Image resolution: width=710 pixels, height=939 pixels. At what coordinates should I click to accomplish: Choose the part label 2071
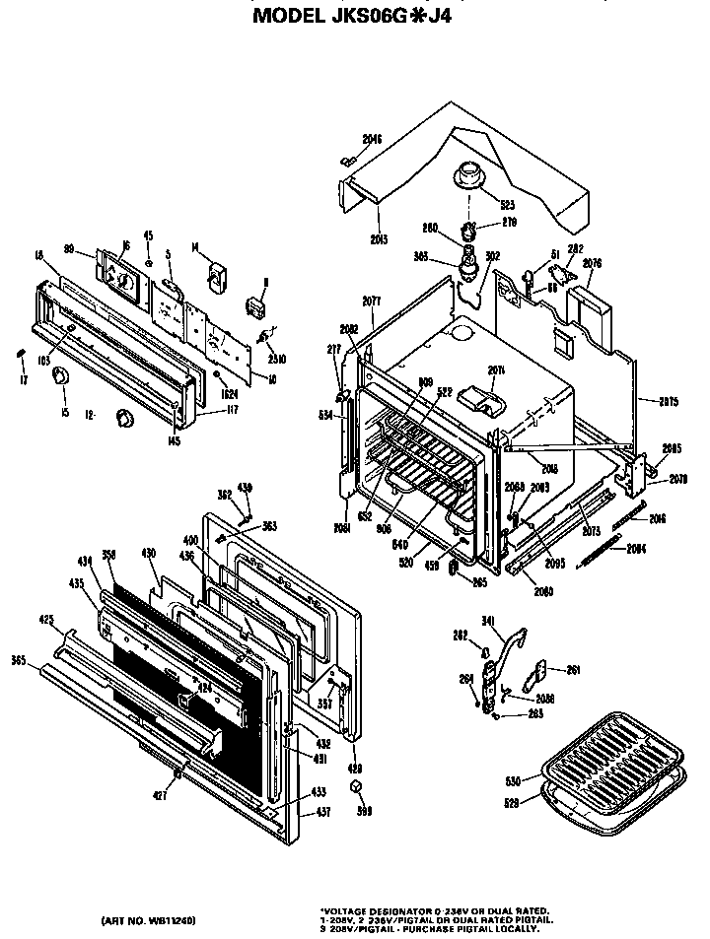496,370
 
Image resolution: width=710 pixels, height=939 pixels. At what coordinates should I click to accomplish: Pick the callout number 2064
637,549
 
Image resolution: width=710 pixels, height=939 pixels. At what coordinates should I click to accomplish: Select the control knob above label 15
61,375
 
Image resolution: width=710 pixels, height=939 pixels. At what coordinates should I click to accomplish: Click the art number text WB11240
148,920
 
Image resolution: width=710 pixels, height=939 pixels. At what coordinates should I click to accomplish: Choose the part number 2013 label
350,239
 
